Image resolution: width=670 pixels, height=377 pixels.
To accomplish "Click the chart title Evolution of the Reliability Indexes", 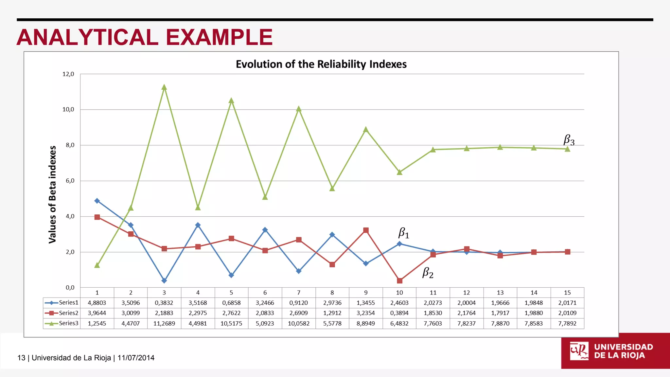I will [321, 64].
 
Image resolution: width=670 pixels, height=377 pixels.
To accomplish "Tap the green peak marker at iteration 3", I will [164, 87].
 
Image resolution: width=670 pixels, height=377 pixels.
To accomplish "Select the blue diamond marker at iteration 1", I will [97, 201].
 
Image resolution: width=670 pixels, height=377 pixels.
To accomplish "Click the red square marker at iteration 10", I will [399, 281].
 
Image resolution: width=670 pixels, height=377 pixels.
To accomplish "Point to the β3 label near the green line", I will [569, 140].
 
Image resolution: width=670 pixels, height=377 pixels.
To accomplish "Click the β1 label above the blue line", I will [403, 233].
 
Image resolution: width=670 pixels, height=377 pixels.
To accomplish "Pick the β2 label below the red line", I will [428, 273].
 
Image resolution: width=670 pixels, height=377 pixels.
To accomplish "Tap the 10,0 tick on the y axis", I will [68, 109].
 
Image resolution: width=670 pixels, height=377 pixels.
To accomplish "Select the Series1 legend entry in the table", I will [62, 303].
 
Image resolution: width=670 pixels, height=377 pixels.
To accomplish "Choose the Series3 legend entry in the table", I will [62, 323].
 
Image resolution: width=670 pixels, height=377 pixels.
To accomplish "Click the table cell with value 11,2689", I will [164, 323].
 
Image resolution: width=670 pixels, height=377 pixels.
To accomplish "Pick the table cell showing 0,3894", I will [399, 313].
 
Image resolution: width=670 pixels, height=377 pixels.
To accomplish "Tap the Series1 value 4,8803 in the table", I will [97, 303].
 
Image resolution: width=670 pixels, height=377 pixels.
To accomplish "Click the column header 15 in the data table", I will [567, 293].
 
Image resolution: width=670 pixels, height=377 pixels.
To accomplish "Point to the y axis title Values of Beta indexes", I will [52, 194].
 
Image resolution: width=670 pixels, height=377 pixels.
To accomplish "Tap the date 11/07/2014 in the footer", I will [136, 358].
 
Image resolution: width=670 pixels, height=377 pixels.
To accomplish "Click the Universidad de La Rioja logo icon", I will [579, 351].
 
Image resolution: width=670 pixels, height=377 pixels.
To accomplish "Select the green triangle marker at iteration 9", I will [366, 130].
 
